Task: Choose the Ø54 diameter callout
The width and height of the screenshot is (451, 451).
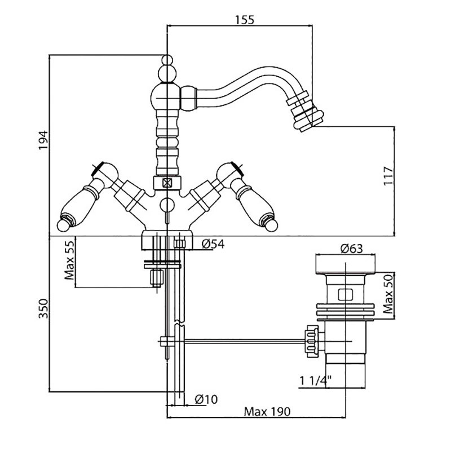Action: [213, 244]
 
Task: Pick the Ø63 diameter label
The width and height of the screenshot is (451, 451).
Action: [350, 248]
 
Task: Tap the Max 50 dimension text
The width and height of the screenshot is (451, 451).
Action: [388, 295]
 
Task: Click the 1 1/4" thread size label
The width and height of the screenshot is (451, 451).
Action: [314, 382]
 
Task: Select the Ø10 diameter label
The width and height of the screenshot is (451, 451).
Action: [206, 399]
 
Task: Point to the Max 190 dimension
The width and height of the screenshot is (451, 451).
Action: [267, 412]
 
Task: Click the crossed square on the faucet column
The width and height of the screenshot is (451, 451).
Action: [167, 183]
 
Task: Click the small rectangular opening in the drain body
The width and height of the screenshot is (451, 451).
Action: [344, 294]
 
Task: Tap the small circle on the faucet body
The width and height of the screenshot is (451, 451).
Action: [167, 204]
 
